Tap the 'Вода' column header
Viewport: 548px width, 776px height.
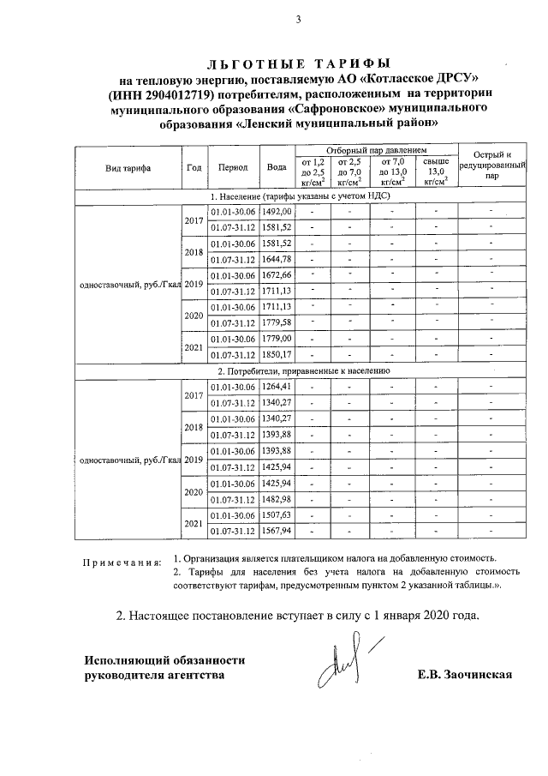click(x=277, y=167)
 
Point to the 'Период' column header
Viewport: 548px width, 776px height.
click(x=233, y=167)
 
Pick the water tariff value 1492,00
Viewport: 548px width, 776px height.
click(x=277, y=211)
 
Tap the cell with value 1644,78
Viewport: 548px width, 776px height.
click(x=277, y=259)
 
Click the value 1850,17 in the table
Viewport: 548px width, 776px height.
click(x=277, y=355)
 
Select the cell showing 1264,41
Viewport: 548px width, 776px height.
click(x=277, y=387)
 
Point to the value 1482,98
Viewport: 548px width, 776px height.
click(x=277, y=499)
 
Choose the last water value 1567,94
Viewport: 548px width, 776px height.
click(x=277, y=531)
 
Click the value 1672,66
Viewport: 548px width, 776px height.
click(x=277, y=275)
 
